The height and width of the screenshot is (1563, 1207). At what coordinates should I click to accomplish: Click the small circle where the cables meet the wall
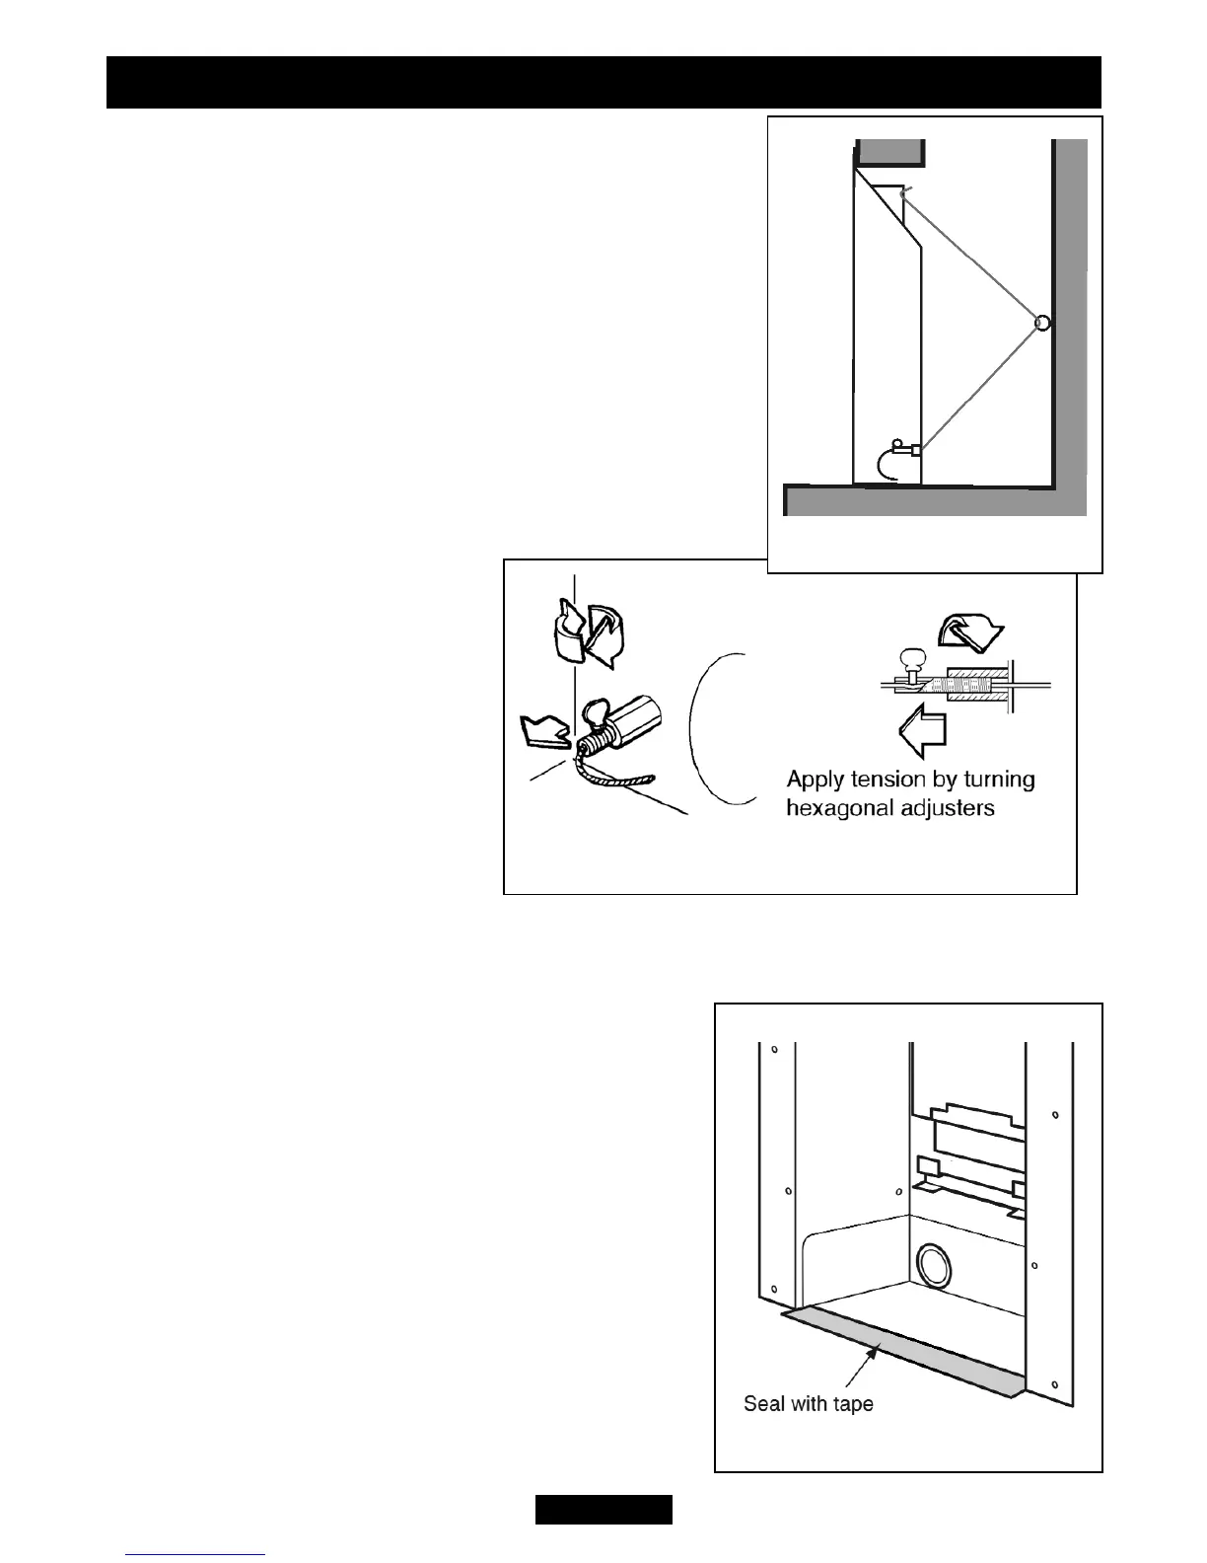(x=1041, y=323)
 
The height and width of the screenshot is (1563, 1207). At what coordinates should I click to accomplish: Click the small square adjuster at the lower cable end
(x=917, y=451)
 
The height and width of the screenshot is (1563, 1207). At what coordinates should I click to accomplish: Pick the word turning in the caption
(x=999, y=781)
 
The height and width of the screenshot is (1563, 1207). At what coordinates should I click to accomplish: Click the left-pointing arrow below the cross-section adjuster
(x=923, y=730)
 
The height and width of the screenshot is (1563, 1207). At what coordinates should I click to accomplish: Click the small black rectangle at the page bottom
(x=603, y=1509)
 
